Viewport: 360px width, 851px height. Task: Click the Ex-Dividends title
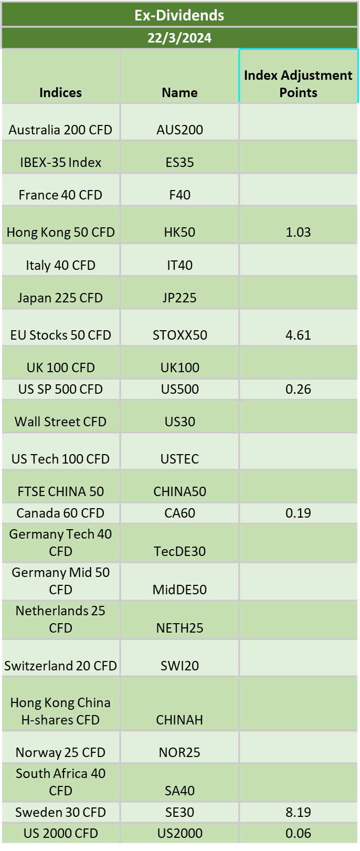pyautogui.click(x=179, y=15)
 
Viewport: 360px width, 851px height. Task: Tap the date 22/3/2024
pyautogui.click(x=179, y=38)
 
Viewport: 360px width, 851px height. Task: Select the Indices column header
pyautogui.click(x=60, y=92)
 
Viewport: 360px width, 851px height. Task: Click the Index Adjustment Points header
pyautogui.click(x=298, y=83)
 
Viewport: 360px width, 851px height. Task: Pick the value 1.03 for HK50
pyautogui.click(x=298, y=232)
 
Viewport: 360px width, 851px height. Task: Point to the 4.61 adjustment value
pyautogui.click(x=298, y=335)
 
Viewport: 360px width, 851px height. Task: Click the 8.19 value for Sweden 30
pyautogui.click(x=298, y=812)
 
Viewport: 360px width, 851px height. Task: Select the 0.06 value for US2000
pyautogui.click(x=298, y=833)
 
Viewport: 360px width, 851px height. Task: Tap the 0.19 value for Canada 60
pyautogui.click(x=298, y=513)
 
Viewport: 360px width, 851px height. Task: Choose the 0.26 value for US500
pyautogui.click(x=298, y=389)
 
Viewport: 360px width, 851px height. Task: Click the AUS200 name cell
pyautogui.click(x=179, y=130)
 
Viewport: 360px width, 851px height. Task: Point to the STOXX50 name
pyautogui.click(x=179, y=335)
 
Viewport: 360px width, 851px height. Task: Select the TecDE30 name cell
pyautogui.click(x=179, y=551)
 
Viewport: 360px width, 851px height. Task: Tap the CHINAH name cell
pyautogui.click(x=179, y=720)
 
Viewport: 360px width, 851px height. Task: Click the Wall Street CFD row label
pyautogui.click(x=60, y=422)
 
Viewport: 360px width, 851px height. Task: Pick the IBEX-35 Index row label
pyautogui.click(x=60, y=163)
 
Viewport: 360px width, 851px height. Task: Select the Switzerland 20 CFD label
pyautogui.click(x=60, y=666)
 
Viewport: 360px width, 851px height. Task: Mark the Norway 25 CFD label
pyautogui.click(x=60, y=752)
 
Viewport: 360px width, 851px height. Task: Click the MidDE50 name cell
pyautogui.click(x=179, y=590)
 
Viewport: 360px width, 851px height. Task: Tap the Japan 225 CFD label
pyautogui.click(x=60, y=298)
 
